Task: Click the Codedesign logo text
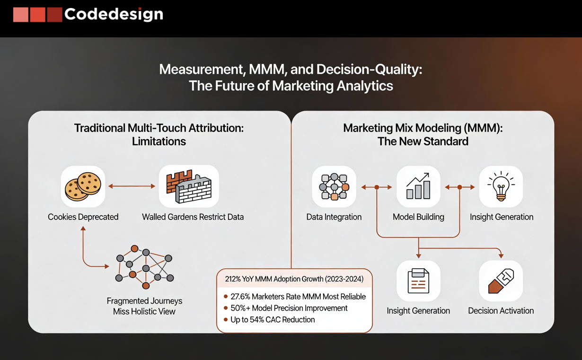pyautogui.click(x=114, y=14)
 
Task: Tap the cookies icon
pyautogui.click(x=83, y=186)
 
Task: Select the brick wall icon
pyautogui.click(x=189, y=186)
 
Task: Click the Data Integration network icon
pyautogui.click(x=334, y=187)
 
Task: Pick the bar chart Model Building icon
pyautogui.click(x=418, y=186)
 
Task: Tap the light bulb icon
pyautogui.click(x=501, y=186)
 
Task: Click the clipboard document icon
pyautogui.click(x=418, y=281)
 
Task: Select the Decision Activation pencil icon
pyautogui.click(x=501, y=281)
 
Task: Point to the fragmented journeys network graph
pyautogui.click(x=144, y=267)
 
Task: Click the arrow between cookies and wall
pyautogui.click(x=132, y=186)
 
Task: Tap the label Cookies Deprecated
pyautogui.click(x=83, y=217)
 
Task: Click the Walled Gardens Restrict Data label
pyautogui.click(x=193, y=217)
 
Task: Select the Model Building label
pyautogui.click(x=418, y=217)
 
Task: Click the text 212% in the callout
pyautogui.click(x=232, y=279)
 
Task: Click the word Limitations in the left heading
pyautogui.click(x=159, y=141)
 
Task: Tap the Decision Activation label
pyautogui.click(x=501, y=311)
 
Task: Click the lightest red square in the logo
pyautogui.click(x=21, y=15)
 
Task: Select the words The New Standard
pyautogui.click(x=423, y=141)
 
